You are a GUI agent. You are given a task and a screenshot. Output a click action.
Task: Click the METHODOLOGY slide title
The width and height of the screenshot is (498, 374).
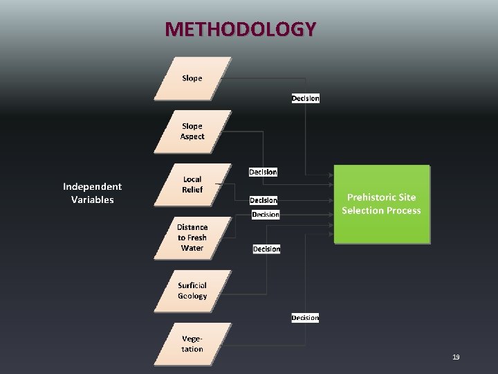(x=241, y=29)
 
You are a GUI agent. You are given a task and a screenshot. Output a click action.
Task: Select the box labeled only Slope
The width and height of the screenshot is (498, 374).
(x=192, y=78)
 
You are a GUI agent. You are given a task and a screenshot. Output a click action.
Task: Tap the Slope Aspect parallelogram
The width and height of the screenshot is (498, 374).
(x=192, y=132)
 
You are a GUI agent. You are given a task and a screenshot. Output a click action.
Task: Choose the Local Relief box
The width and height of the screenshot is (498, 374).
(x=192, y=185)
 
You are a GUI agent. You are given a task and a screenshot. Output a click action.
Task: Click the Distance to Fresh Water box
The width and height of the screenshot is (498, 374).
(x=192, y=238)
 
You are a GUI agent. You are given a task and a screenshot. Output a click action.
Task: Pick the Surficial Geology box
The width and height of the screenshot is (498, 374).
(x=192, y=291)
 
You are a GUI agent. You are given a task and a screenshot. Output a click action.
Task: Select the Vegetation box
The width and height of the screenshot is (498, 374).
(x=192, y=344)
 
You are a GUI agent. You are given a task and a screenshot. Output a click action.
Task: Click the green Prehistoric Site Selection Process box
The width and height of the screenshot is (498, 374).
(x=382, y=204)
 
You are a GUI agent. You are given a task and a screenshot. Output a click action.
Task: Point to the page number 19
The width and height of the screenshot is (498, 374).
(x=456, y=357)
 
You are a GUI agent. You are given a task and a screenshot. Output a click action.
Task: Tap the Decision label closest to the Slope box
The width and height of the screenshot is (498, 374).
(x=306, y=98)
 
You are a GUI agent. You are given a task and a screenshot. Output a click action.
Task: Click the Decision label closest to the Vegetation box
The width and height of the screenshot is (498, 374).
(x=305, y=318)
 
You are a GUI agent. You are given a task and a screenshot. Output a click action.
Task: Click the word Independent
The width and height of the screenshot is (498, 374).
(x=92, y=186)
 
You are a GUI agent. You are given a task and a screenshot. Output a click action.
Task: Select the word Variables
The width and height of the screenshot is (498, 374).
(x=92, y=200)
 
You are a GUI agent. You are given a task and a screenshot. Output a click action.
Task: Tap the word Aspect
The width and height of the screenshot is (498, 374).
(x=192, y=136)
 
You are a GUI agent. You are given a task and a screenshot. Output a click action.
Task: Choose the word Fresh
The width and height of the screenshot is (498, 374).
(x=196, y=238)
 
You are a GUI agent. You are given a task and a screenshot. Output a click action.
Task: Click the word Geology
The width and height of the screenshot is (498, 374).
(x=192, y=296)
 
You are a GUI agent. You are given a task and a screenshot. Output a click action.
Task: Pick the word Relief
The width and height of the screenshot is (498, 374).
(x=192, y=190)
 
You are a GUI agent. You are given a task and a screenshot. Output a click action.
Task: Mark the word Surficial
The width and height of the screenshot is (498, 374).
(x=192, y=285)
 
